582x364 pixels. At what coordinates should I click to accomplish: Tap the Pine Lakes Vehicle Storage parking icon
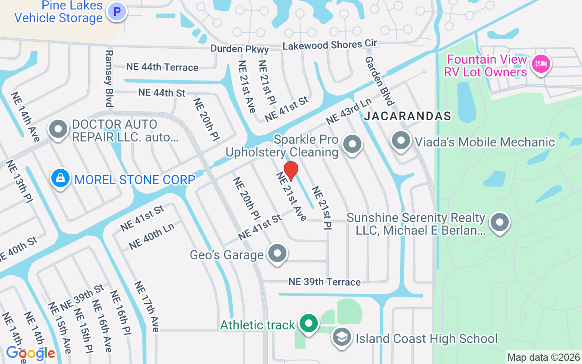pos(117,11)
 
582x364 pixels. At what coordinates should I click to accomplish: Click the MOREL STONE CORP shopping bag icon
pos(60,178)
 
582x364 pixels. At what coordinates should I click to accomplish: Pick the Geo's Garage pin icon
pos(277,253)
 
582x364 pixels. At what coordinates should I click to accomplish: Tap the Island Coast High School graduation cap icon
pos(341,338)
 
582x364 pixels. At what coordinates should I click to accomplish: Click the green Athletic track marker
pos(309,324)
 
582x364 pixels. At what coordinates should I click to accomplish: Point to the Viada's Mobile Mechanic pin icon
pos(401,141)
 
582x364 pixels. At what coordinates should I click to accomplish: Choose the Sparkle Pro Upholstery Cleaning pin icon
pos(352,144)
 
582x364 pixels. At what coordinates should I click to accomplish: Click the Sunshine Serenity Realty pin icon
pos(500,223)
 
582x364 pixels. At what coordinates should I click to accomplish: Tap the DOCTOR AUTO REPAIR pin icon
pos(59,130)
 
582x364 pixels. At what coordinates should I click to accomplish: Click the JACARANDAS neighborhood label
pos(407,116)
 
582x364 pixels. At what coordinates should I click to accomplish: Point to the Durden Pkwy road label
pos(240,49)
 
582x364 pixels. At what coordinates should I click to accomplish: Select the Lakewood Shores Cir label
pos(330,45)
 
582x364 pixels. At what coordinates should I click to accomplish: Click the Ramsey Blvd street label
pos(109,78)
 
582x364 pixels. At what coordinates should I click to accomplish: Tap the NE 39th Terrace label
pos(325,282)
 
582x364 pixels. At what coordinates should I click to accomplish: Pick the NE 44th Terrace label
pos(162,67)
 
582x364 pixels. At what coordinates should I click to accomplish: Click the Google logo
pos(30,353)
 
